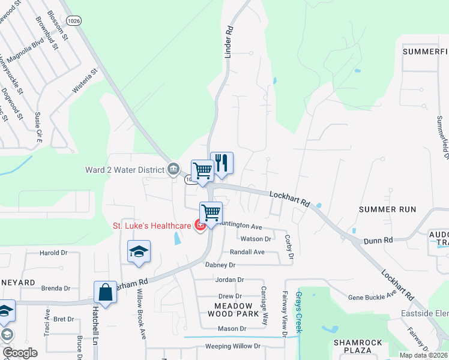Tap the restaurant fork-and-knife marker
221,163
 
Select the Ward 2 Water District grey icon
173,167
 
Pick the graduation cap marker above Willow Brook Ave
139,251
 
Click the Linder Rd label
228,44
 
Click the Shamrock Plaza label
358,347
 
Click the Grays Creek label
300,312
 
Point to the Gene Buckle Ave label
372,297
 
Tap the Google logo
20,353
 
